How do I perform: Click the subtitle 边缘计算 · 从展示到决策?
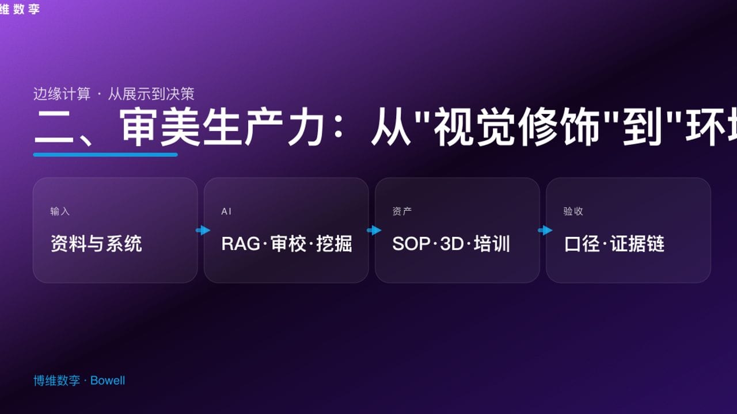[x=114, y=94]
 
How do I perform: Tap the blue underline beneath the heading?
[x=105, y=154]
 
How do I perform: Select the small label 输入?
[x=60, y=212]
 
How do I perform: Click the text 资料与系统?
[x=96, y=244]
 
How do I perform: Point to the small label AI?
[x=226, y=212]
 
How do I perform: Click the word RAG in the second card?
[x=241, y=244]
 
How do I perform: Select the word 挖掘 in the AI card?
[x=334, y=244]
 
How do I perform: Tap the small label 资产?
[x=402, y=212]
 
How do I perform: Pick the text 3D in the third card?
[x=451, y=244]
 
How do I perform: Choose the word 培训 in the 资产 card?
[x=492, y=244]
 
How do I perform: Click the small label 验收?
[x=573, y=212]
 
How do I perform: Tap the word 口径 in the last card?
[x=582, y=244]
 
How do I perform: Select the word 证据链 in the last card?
[x=637, y=244]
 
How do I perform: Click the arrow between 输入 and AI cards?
[x=203, y=231]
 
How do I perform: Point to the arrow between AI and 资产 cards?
[x=374, y=231]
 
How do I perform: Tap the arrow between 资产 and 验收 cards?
[x=545, y=231]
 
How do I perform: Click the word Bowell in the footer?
[x=108, y=381]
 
